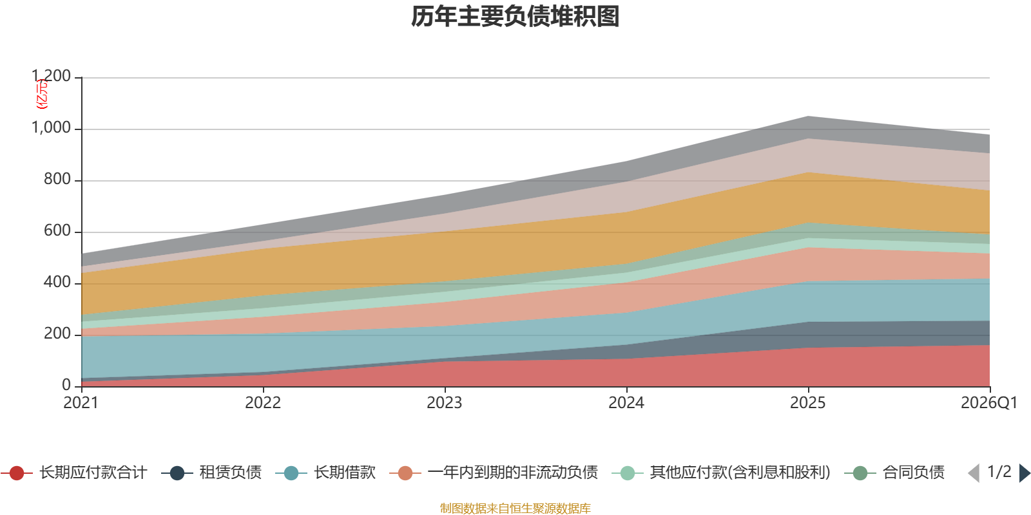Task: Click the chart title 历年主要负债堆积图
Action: (x=515, y=17)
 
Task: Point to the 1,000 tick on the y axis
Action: (x=52, y=128)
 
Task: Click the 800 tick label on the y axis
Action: (x=57, y=180)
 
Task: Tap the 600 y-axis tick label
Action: (x=57, y=231)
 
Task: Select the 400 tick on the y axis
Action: (x=57, y=283)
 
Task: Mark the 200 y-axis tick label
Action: (x=57, y=334)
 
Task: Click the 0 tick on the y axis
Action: (x=66, y=385)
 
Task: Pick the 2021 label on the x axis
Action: (x=81, y=403)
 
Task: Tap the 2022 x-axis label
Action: (x=263, y=403)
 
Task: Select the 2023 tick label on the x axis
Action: (x=445, y=403)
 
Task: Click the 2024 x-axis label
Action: (x=626, y=403)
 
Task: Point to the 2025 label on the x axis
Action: (x=808, y=403)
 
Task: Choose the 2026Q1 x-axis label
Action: (x=988, y=403)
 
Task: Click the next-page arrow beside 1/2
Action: (x=1024, y=473)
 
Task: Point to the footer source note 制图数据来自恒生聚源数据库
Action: (x=515, y=509)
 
